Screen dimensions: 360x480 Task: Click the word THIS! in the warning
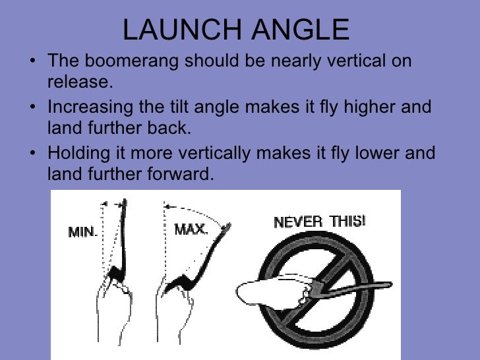point(346,221)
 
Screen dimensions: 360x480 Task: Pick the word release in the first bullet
point(78,82)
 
